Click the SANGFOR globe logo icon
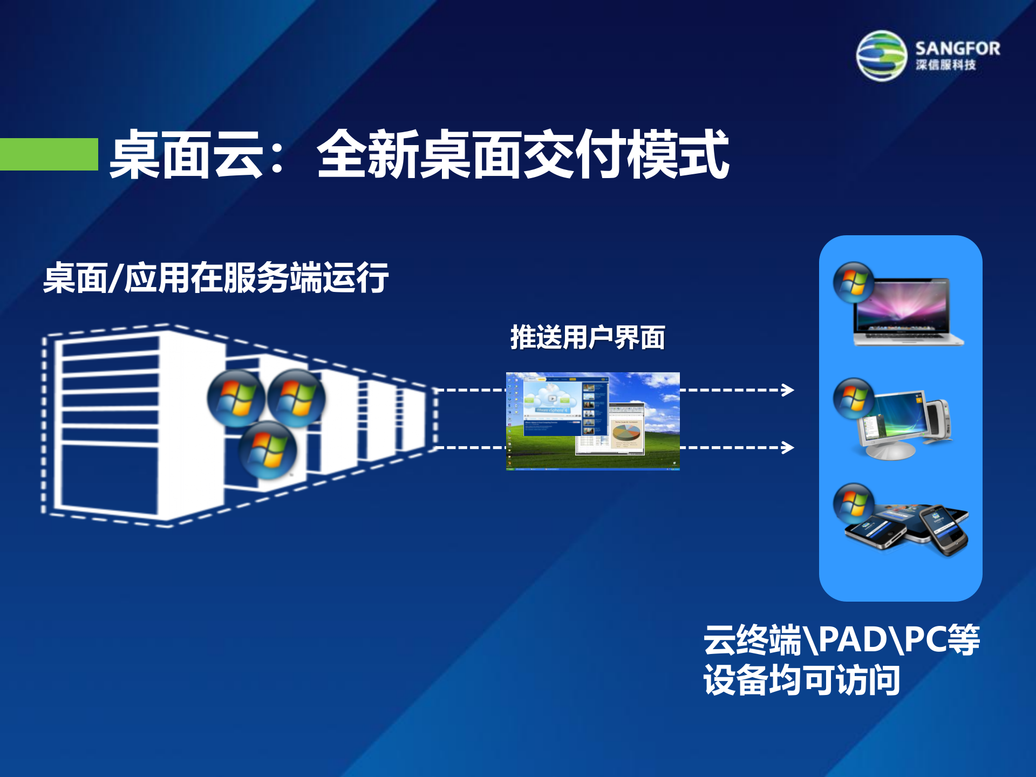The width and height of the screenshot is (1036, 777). [x=881, y=56]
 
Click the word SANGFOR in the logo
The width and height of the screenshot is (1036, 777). [x=958, y=49]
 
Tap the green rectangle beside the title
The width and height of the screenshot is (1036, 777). [x=49, y=154]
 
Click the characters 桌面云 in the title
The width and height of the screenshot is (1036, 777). [x=186, y=155]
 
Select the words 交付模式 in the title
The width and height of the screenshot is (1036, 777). [x=626, y=155]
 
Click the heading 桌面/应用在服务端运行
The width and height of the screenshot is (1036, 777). [x=216, y=278]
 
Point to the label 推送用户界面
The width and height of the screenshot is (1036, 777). [x=588, y=338]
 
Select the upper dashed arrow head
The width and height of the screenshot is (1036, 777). [x=789, y=390]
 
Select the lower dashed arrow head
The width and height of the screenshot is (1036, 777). [x=789, y=447]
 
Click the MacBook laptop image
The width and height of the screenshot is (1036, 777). [x=906, y=313]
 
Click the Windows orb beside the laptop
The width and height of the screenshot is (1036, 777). [x=853, y=282]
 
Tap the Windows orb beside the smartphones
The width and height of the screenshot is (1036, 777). [x=853, y=503]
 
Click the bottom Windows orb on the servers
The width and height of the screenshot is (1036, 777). [x=268, y=450]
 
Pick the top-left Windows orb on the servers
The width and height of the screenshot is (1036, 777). [x=236, y=398]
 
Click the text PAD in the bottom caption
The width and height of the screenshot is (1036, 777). [x=853, y=640]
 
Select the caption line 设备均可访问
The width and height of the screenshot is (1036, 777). [x=801, y=680]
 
